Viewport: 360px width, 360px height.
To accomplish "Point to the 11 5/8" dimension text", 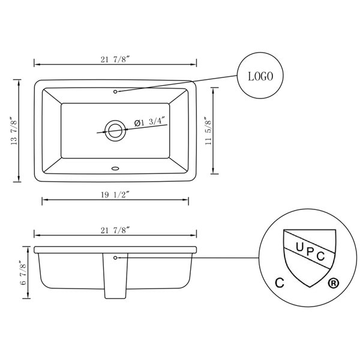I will tap(208, 132).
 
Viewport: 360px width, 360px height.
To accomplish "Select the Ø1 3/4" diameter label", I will tap(149, 122).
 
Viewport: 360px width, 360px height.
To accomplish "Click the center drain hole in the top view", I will tap(115, 130).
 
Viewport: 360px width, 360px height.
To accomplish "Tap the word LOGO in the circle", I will tap(260, 77).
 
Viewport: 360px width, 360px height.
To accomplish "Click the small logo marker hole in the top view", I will tap(115, 91).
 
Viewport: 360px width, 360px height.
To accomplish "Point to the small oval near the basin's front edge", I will tap(115, 169).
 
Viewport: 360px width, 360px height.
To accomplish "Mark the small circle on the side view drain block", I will tap(115, 257).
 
